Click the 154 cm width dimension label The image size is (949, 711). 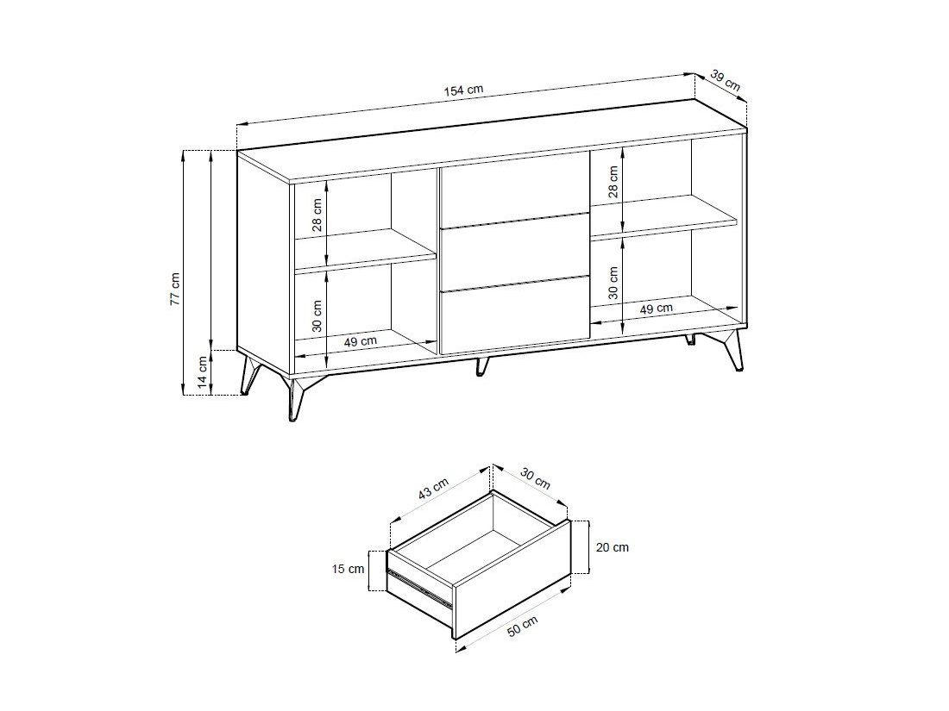click(463, 90)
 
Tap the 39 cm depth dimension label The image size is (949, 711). click(725, 80)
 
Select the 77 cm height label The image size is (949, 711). click(175, 289)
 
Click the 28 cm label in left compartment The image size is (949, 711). click(317, 215)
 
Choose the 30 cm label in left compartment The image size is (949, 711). click(317, 315)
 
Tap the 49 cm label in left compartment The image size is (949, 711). click(360, 341)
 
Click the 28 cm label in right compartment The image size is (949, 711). click(613, 182)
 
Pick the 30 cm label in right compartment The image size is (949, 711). click(613, 283)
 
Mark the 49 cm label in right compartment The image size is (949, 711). click(656, 309)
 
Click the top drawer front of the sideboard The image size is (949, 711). click(515, 190)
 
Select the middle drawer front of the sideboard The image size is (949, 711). click(515, 253)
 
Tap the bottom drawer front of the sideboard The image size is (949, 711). click(515, 315)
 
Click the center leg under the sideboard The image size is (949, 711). click(481, 365)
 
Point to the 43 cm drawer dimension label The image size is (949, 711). click(434, 489)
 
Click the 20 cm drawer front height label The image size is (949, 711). click(613, 547)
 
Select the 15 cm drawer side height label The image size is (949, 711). click(348, 569)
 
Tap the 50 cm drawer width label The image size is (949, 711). click(522, 627)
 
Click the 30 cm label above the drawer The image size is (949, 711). click(536, 479)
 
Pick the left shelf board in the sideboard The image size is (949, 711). click(366, 248)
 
